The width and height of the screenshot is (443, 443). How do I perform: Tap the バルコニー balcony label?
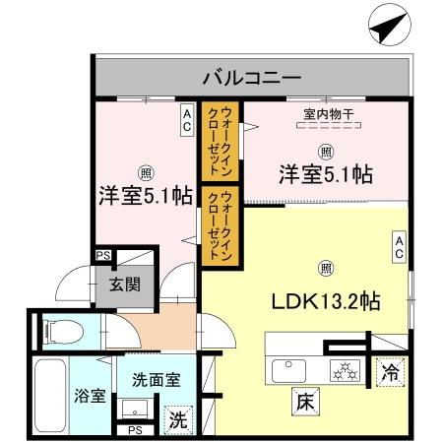point(252,75)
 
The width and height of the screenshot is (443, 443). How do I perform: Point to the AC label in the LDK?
point(400,246)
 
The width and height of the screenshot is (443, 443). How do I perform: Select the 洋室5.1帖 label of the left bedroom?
point(144,196)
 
